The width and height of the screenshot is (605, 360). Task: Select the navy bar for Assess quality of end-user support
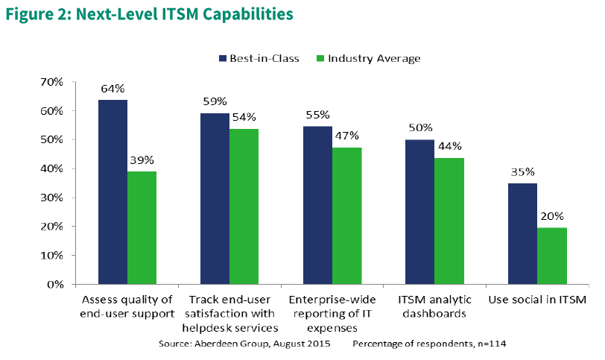113,192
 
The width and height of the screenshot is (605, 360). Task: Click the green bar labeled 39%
142,227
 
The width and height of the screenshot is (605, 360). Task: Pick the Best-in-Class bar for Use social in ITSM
523,233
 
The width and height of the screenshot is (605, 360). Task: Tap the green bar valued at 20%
551,256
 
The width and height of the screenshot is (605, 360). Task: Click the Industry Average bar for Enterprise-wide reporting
346,215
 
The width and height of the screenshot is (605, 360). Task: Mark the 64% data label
113,89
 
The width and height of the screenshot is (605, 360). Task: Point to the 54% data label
244,117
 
